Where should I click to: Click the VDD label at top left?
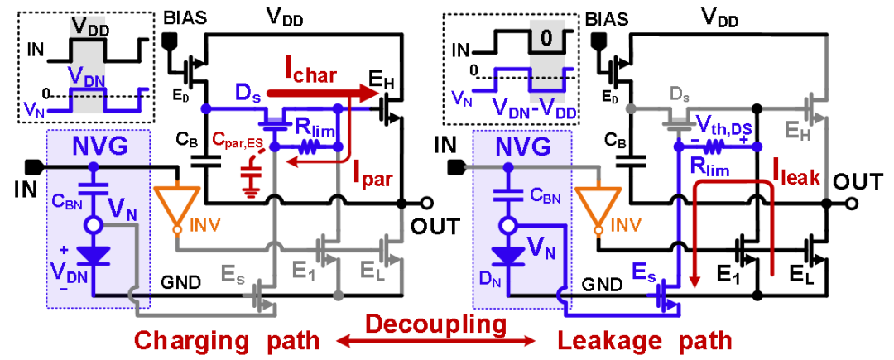(88, 26)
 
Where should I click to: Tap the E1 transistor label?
(306, 271)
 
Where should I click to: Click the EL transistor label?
(372, 271)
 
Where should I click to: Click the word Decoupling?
(436, 324)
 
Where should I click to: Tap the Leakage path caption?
(644, 340)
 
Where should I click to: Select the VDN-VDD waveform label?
(534, 108)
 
